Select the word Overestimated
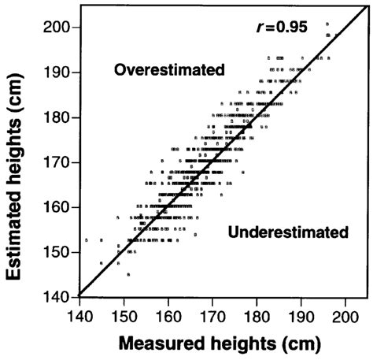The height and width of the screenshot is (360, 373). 169,70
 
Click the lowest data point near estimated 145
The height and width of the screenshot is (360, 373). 128,274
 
